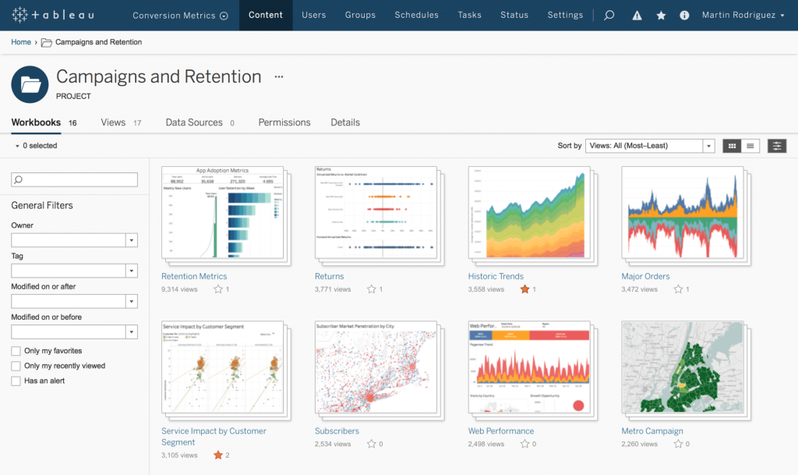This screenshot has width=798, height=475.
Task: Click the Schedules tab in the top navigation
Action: [x=416, y=15]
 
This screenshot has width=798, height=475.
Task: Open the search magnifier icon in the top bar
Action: [x=609, y=15]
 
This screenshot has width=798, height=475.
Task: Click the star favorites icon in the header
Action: [x=661, y=16]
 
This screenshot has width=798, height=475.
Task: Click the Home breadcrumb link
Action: [x=21, y=42]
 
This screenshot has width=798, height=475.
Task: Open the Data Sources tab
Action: [x=194, y=122]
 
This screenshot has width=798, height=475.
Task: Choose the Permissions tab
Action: [x=284, y=122]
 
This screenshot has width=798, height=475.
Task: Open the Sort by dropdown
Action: [x=650, y=146]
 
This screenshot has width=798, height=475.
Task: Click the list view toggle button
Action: [x=750, y=146]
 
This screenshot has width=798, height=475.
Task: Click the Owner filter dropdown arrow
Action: [x=132, y=240]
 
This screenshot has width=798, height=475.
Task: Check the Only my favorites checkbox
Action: [x=16, y=351]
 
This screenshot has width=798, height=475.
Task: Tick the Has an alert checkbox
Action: [x=16, y=381]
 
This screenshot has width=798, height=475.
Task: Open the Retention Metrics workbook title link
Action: [x=194, y=276]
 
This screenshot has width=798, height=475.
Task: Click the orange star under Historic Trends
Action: [x=524, y=289]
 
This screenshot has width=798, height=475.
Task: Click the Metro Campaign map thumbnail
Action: [x=682, y=366]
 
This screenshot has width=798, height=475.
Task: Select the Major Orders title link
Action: [x=645, y=276]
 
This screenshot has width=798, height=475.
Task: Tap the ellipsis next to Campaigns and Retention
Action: [x=279, y=77]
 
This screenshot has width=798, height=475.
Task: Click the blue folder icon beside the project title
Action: [x=30, y=84]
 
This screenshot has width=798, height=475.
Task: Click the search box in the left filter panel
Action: [x=74, y=179]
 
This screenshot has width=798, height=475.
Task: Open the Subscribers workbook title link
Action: [x=337, y=431]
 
